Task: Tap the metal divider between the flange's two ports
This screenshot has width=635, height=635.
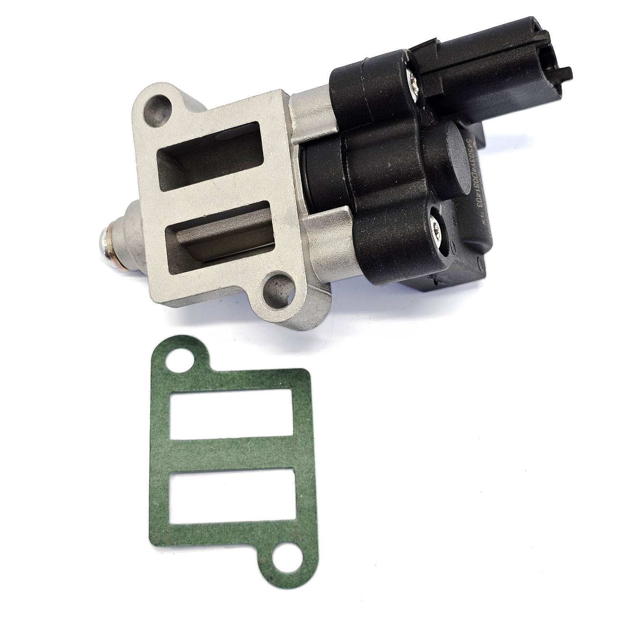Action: (222, 198)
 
